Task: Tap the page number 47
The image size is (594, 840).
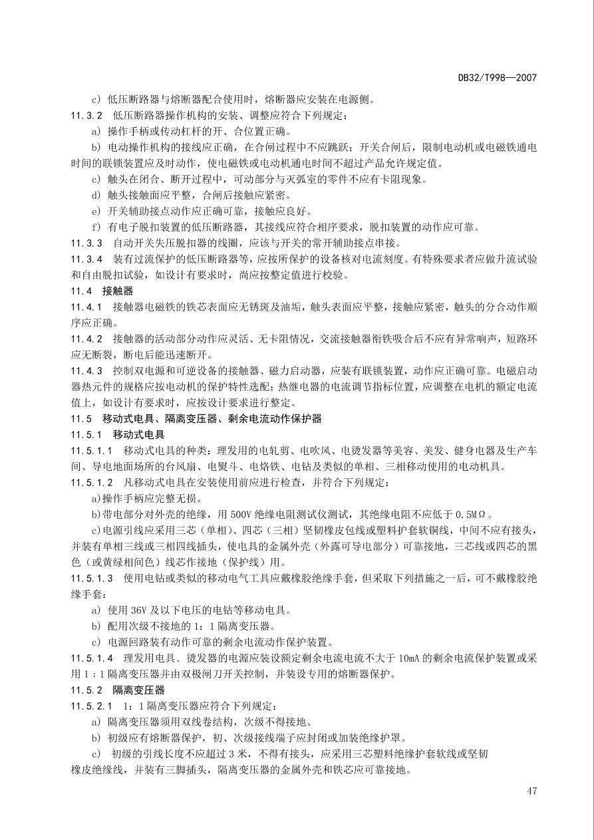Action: coord(531,791)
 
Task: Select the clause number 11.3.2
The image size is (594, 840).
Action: coord(86,116)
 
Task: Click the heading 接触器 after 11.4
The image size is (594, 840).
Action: coord(118,291)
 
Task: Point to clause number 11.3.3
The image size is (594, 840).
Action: coord(86,243)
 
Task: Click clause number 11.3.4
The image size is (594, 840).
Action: coord(86,259)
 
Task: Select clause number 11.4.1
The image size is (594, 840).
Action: coord(86,307)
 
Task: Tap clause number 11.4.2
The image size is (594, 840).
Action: coord(86,339)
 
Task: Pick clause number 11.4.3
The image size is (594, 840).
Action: coord(86,370)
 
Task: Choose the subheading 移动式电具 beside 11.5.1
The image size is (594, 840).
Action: coord(138,434)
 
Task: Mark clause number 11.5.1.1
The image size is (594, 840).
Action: coord(92,450)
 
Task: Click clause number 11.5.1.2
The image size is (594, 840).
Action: coord(92,482)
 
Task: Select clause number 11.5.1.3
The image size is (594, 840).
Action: coord(92,578)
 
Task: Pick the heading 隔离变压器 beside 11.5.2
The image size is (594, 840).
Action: coord(138,690)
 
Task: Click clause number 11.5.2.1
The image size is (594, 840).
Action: coord(92,706)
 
